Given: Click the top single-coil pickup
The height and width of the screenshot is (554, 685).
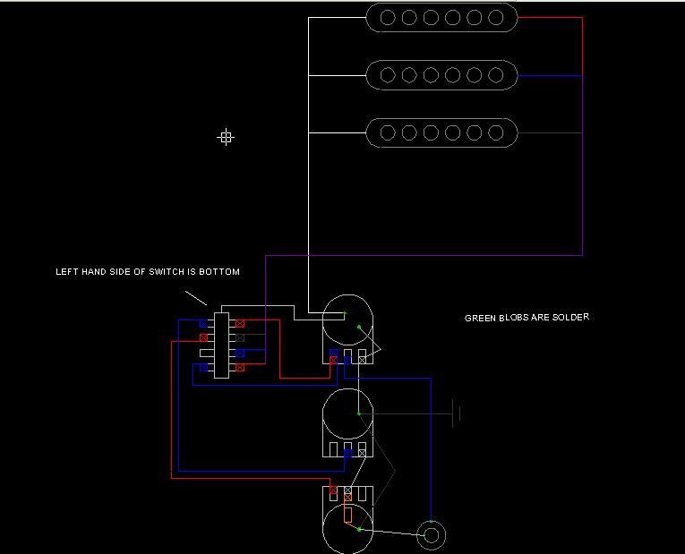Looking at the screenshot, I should point(441,18).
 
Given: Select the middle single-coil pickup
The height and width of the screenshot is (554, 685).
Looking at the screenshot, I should point(441,75).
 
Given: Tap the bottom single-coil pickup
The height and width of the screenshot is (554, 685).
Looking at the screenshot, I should point(441,132).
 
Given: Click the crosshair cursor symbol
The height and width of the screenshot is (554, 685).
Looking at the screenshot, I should point(226,137).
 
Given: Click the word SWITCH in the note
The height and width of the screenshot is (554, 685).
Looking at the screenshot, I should point(155,272).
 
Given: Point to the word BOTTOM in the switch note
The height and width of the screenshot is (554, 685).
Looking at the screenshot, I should point(220,272).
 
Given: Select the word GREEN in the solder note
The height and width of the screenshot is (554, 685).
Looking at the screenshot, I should point(480,318).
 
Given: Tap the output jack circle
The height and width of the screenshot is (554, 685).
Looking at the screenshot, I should point(432,536).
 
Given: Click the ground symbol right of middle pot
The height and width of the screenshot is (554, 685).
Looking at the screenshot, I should point(458,413).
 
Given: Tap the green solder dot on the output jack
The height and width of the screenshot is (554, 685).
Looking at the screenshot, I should point(432,521).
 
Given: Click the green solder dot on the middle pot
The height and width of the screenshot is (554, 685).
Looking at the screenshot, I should point(359,413).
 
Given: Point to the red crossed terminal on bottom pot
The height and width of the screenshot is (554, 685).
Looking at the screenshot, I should point(334,490).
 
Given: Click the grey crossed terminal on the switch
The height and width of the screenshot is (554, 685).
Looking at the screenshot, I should point(240,337).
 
